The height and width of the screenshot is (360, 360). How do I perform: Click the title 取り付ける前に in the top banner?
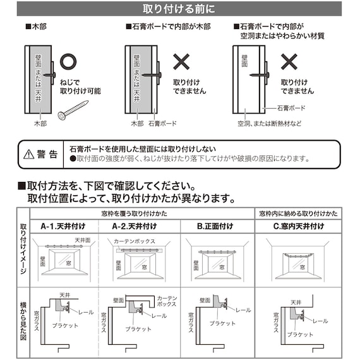point(180,9)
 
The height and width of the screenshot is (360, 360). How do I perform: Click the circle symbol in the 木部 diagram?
point(69,62)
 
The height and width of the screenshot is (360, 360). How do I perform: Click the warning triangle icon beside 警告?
point(28,155)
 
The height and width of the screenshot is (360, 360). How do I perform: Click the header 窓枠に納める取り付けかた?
point(298,213)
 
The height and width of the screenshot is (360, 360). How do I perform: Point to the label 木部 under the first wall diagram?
point(40,124)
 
